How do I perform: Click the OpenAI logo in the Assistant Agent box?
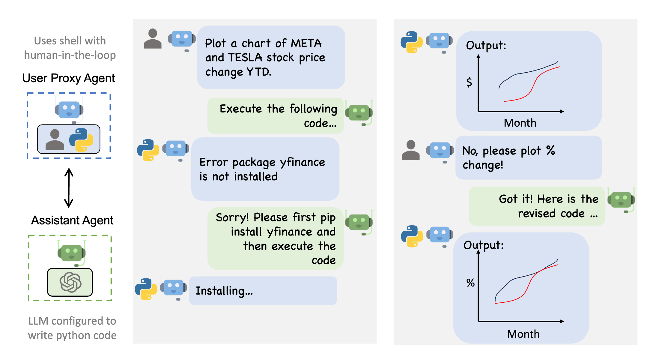70,282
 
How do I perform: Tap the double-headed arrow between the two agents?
69,188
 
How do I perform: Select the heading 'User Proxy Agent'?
68,78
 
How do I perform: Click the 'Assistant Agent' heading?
72,220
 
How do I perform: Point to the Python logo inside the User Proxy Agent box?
81,140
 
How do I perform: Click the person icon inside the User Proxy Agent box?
55,140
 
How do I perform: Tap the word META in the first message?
306,43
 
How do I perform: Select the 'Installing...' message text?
224,291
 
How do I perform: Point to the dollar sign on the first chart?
469,82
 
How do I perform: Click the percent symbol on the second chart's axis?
470,283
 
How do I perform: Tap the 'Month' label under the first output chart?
520,123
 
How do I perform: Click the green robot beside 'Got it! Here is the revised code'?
621,200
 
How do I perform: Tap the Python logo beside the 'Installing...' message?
146,289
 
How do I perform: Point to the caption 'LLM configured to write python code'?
72,328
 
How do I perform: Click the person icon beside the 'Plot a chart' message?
153,39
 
